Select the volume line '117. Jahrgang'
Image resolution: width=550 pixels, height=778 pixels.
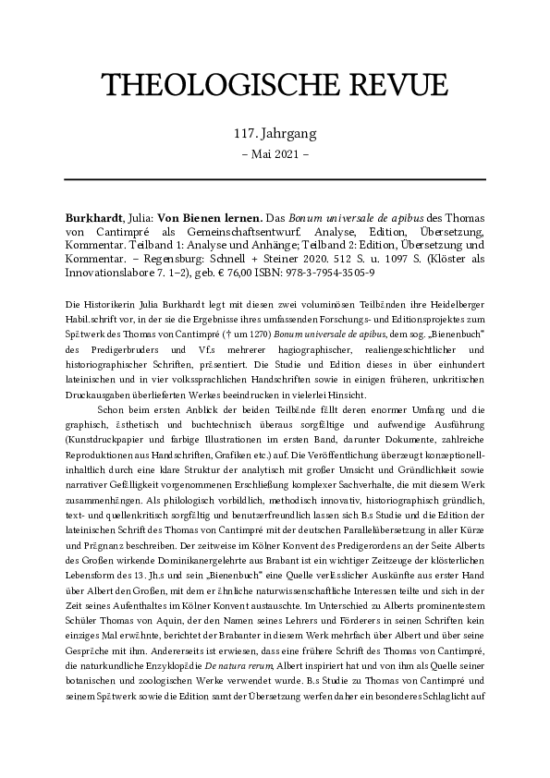(x=275, y=135)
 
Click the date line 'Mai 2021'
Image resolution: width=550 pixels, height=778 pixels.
(x=275, y=155)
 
